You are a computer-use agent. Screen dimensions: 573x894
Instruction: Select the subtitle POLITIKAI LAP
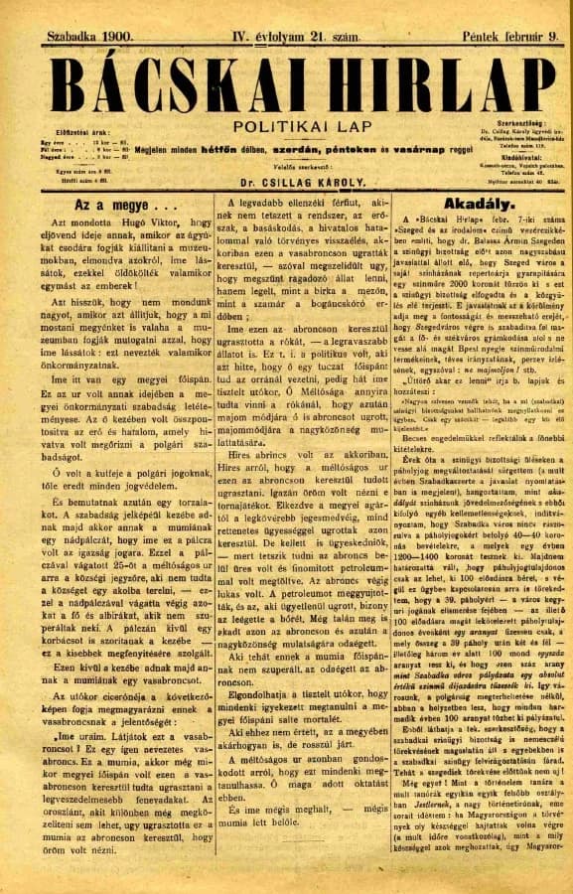(x=285, y=127)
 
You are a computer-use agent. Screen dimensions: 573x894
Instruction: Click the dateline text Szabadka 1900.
(x=90, y=37)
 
